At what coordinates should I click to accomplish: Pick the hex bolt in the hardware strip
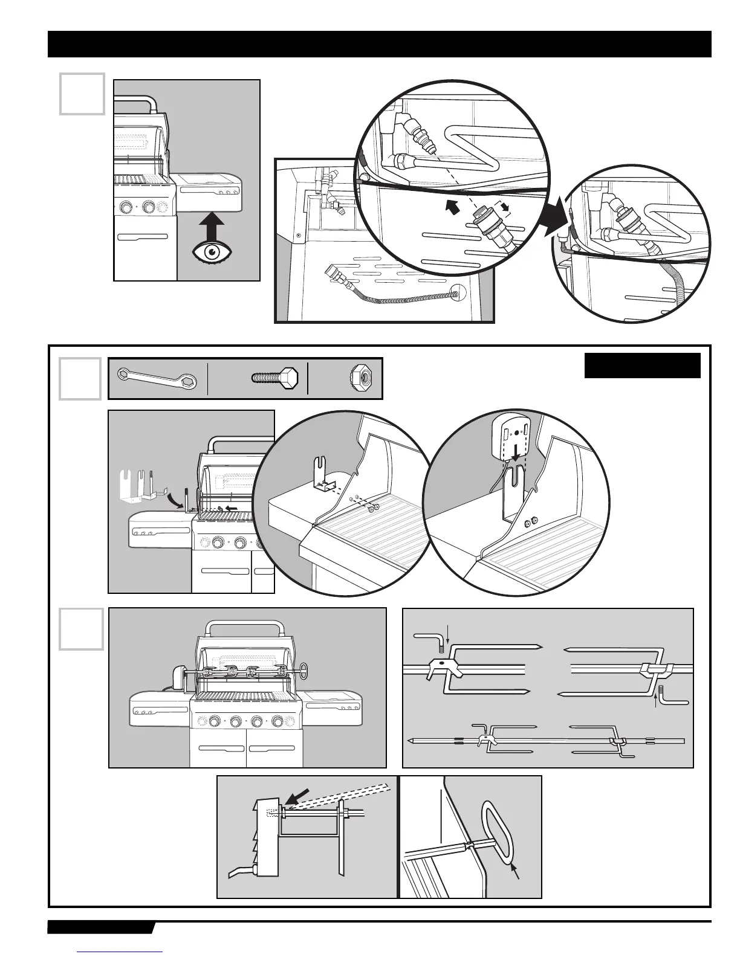(x=275, y=378)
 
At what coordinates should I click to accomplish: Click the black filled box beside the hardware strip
(x=642, y=366)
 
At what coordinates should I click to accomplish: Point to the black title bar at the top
(x=379, y=44)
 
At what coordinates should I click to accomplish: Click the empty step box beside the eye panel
(x=82, y=94)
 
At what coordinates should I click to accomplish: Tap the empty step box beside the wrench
(x=80, y=379)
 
